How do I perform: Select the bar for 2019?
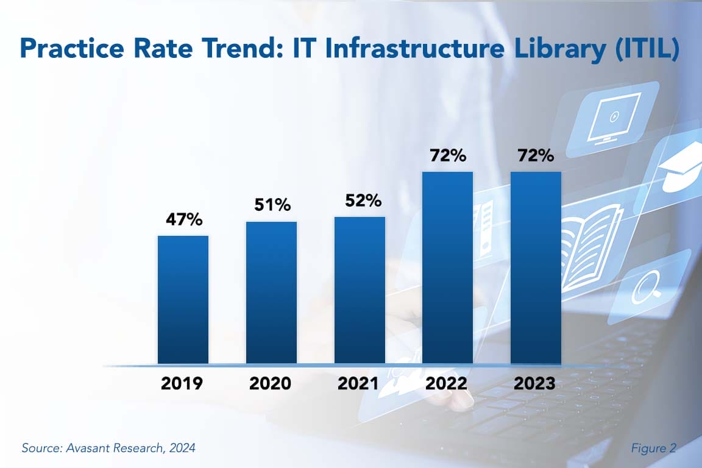183,300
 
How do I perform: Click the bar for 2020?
271,292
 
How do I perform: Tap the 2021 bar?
360,290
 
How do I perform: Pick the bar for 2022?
447,268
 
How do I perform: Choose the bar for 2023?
536,268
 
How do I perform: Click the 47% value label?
183,220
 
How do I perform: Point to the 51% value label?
271,205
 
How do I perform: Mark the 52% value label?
360,200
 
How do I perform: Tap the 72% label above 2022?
447,155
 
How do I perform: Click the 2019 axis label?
183,384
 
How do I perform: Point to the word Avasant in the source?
82,448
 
